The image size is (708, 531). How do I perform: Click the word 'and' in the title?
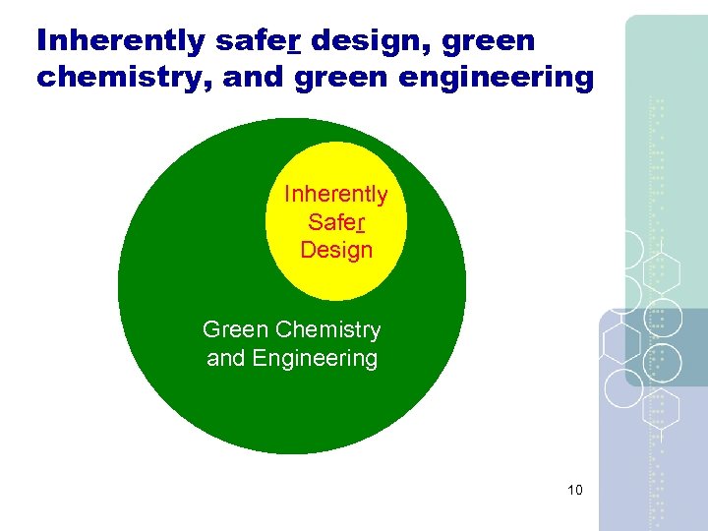251,78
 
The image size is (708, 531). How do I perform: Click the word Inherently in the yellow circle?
335,195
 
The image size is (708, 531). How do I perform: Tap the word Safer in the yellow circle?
335,222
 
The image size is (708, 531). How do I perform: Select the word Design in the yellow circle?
336,250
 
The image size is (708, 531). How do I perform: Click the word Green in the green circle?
235,330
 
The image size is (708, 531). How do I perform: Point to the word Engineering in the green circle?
315,358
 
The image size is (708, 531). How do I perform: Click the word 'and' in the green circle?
225,358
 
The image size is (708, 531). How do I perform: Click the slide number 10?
575,490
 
